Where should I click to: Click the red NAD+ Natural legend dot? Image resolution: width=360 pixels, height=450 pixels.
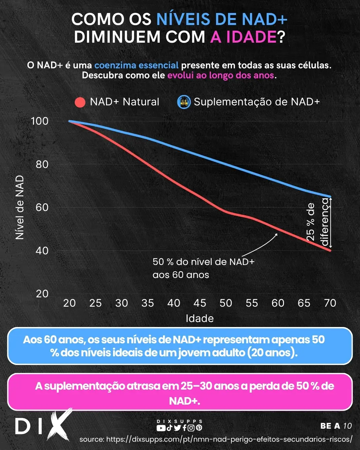[x=80, y=102]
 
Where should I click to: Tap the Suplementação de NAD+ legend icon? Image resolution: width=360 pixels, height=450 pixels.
[x=184, y=102]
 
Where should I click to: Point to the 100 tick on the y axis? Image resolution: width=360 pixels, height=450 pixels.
[x=40, y=121]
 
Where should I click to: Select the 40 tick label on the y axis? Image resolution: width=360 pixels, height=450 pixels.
[x=42, y=251]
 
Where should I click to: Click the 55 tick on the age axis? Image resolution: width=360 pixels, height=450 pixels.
[x=252, y=303]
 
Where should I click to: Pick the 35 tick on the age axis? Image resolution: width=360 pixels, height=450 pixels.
[x=148, y=303]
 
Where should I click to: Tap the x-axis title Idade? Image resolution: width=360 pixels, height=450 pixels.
[x=200, y=318]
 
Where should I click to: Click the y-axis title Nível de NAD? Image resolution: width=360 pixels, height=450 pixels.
[x=20, y=207]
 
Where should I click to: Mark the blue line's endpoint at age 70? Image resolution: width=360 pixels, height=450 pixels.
[x=330, y=197]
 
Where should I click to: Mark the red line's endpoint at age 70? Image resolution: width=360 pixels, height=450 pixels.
[x=330, y=250]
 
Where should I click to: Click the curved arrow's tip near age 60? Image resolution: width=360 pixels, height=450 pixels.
[x=277, y=234]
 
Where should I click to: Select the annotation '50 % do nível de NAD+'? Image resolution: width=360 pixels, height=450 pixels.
[x=203, y=262]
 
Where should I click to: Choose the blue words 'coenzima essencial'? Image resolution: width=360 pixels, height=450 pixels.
[x=136, y=65]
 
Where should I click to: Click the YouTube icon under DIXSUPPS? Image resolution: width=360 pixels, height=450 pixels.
[x=161, y=428]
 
